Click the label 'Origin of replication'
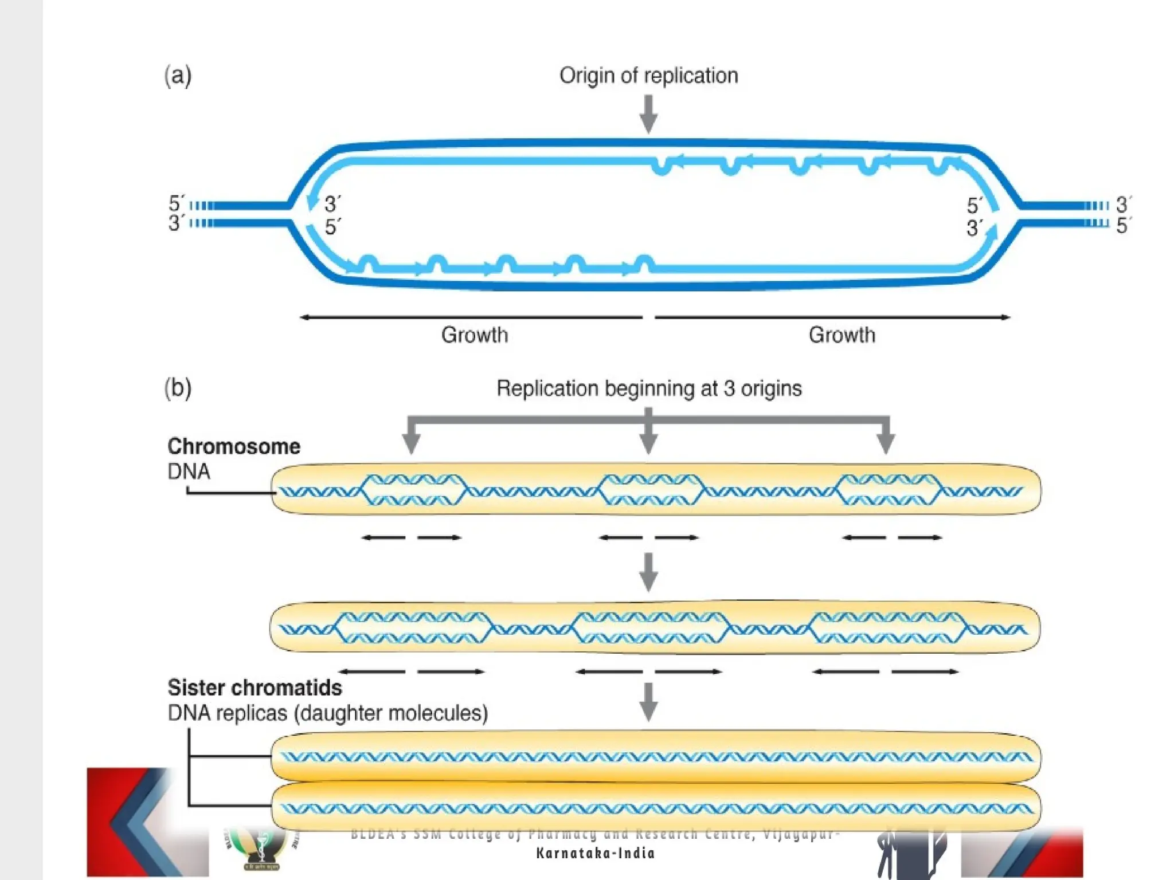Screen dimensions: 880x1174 tap(648, 76)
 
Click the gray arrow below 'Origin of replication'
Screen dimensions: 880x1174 tap(648, 113)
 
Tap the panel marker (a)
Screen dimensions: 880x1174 tap(178, 76)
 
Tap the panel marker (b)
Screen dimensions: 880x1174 tap(178, 388)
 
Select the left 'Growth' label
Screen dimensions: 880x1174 tap(474, 335)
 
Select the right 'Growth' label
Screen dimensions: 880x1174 tap(842, 335)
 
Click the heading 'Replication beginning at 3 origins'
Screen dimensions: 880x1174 tap(648, 388)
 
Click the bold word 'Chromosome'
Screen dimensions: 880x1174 tap(233, 446)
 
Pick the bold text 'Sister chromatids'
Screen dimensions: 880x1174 tap(255, 687)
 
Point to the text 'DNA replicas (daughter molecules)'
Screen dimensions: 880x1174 tap(327, 713)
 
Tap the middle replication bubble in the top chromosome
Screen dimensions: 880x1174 tap(649, 490)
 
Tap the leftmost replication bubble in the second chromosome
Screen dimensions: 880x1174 tap(413, 628)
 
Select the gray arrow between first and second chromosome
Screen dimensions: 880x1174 tap(648, 572)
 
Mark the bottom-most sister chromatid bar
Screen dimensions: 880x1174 tap(656, 808)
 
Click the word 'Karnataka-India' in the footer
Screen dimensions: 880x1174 tap(595, 853)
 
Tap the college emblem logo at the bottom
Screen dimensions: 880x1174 tap(261, 850)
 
